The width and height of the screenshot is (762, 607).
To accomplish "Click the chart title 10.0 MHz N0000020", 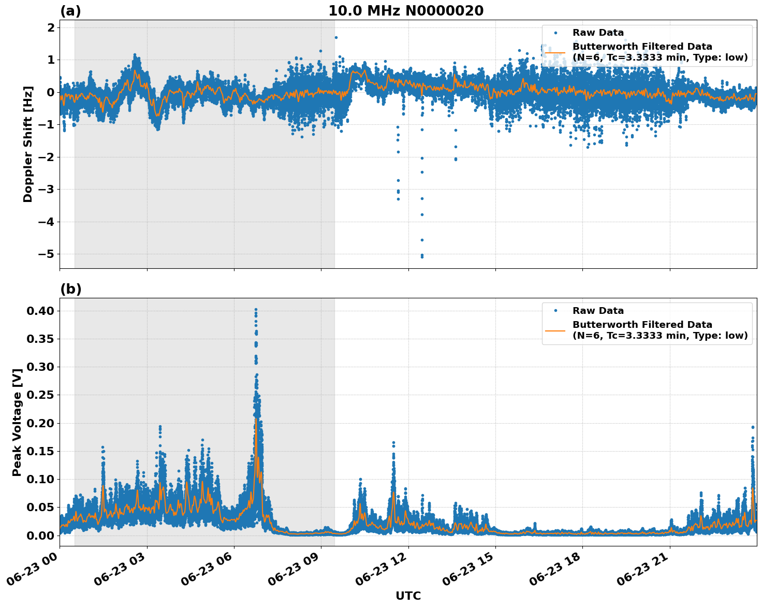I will point(406,11).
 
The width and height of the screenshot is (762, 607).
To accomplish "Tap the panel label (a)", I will point(70,11).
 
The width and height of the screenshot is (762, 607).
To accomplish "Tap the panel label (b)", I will point(70,289).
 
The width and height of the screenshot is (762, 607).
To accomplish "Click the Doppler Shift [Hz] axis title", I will point(28,144).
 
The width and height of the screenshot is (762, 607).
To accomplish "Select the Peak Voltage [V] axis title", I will point(17,422).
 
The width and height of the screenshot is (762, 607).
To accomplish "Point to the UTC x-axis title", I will point(408,596).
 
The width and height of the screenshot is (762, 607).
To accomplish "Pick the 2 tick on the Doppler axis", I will point(51,27).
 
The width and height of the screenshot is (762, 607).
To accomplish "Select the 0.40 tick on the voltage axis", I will point(40,311).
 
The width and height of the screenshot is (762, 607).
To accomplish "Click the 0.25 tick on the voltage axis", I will point(40,395).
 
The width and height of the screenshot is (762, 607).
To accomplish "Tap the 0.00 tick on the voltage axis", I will point(40,536).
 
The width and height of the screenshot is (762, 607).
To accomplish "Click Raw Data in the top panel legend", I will point(598,33).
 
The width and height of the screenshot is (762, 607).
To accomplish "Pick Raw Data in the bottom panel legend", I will point(598,311).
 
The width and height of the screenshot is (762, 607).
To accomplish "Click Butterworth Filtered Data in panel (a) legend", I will point(642,47).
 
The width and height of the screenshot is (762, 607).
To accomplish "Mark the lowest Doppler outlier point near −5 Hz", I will point(422,256).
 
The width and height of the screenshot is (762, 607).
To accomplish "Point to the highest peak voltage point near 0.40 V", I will point(256,310).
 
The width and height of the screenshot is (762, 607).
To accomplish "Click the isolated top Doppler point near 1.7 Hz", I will point(336,37).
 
